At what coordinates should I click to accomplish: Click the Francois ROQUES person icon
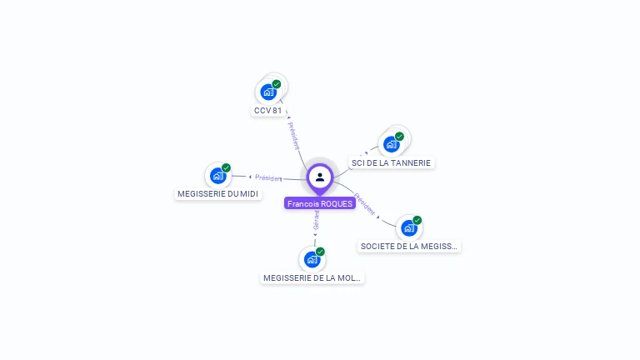pyautogui.click(x=320, y=177)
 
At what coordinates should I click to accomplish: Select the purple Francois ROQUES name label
pyautogui.click(x=320, y=203)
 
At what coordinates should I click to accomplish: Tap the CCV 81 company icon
pyautogui.click(x=268, y=92)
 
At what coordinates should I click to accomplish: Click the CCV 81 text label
pyautogui.click(x=268, y=111)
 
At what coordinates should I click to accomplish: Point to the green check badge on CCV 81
pyautogui.click(x=277, y=84)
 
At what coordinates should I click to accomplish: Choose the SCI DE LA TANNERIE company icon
pyautogui.click(x=391, y=143)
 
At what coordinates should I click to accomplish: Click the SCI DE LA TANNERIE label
pyautogui.click(x=391, y=162)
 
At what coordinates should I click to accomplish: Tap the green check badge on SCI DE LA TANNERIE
pyautogui.click(x=399, y=136)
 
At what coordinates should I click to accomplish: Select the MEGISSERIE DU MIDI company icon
pyautogui.click(x=217, y=175)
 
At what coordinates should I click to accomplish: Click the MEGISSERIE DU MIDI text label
pyautogui.click(x=218, y=194)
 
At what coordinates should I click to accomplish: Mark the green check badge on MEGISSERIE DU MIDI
pyautogui.click(x=226, y=167)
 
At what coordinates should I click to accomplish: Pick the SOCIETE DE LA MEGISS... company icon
pyautogui.click(x=408, y=227)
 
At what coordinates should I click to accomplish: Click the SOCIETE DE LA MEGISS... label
pyautogui.click(x=409, y=247)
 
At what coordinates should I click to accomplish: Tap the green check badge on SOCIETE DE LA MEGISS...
pyautogui.click(x=417, y=220)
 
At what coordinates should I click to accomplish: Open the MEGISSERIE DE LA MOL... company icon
pyautogui.click(x=312, y=259)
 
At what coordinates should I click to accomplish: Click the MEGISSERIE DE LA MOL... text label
pyautogui.click(x=312, y=277)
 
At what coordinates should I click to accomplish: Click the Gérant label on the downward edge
pyautogui.click(x=316, y=221)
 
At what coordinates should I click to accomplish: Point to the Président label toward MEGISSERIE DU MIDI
pyautogui.click(x=268, y=177)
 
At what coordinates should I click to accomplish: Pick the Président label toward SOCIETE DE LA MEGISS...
pyautogui.click(x=365, y=204)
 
